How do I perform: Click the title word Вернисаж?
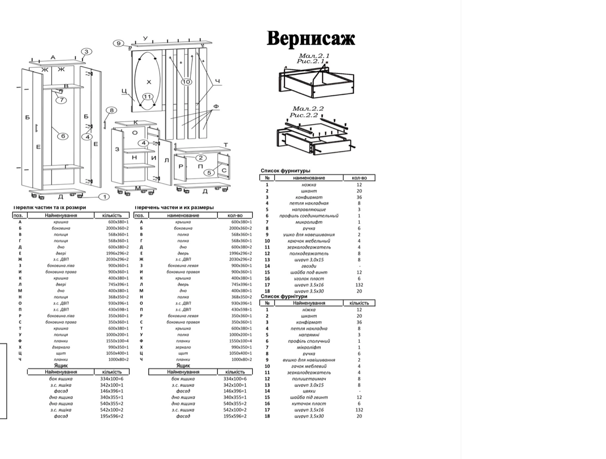click(311, 39)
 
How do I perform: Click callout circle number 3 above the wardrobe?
click(86, 52)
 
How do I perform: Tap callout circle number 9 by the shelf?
click(119, 43)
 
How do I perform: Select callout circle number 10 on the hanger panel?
click(186, 82)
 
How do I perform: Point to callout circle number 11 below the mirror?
click(147, 97)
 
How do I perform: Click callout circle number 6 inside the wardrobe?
click(63, 136)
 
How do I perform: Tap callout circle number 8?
click(112, 110)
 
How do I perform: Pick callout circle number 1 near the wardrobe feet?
click(105, 197)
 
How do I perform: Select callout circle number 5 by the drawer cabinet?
click(209, 172)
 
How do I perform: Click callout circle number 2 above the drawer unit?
click(201, 158)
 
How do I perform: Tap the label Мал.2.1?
click(314, 56)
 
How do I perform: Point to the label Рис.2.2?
click(304, 115)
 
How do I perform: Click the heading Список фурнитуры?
click(285, 171)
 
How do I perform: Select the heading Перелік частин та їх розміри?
click(50, 207)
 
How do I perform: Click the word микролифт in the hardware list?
click(309, 222)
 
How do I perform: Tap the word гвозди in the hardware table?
click(309, 266)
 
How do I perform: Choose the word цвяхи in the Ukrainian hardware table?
click(309, 391)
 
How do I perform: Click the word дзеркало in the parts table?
click(61, 347)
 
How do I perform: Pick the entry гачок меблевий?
click(309, 366)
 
